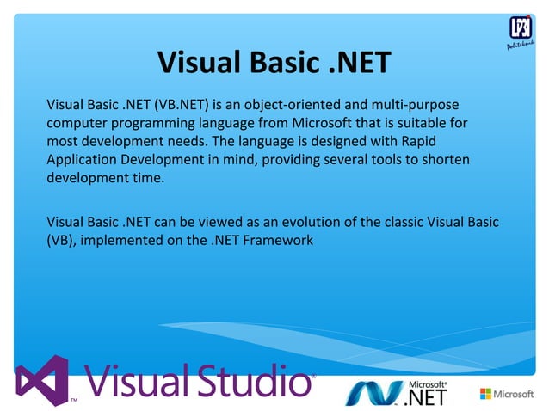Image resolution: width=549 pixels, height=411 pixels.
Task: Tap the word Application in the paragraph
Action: pyautogui.click(x=82, y=160)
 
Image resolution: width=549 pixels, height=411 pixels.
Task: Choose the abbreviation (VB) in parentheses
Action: pyautogui.click(x=61, y=242)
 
